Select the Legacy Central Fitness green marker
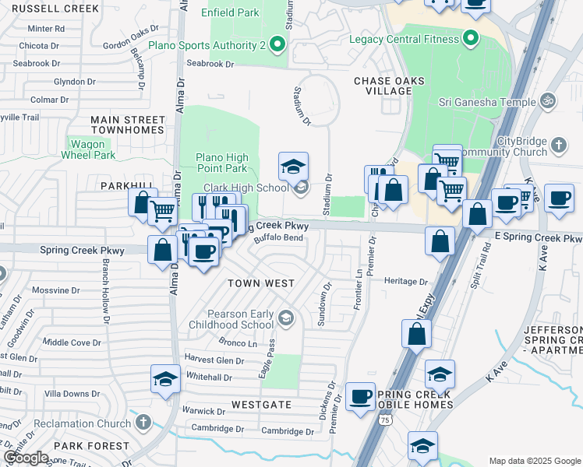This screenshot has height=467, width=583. tap(470, 38)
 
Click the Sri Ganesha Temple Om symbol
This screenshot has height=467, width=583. tap(548, 101)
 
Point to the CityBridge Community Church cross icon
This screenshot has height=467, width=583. tap(558, 145)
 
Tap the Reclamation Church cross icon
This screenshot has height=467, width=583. tap(142, 422)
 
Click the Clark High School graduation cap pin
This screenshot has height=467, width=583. tap(294, 167)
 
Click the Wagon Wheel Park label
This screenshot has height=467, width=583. tap(88, 149)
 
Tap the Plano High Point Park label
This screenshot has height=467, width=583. tap(221, 163)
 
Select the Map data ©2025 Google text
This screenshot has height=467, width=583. tap(534, 461)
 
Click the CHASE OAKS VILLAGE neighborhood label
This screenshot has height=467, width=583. tap(382, 86)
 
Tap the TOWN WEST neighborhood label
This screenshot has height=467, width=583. tap(260, 283)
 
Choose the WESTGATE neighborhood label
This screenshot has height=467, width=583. tap(261, 405)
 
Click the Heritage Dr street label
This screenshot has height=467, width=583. tap(407, 281)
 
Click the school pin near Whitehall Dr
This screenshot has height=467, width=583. tap(166, 379)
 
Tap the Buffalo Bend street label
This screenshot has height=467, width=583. tap(278, 238)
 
